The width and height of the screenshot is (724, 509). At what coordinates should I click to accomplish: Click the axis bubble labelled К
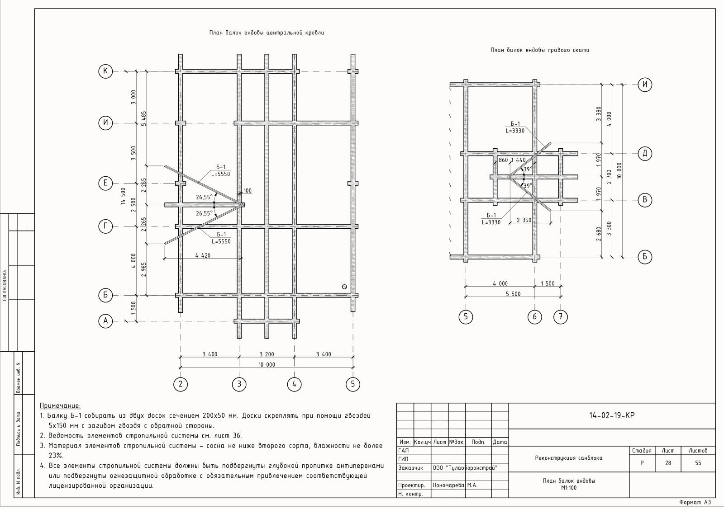point(105,71)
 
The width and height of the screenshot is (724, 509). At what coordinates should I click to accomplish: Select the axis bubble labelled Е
point(105,183)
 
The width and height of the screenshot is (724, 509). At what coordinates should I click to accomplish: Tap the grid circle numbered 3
point(239,384)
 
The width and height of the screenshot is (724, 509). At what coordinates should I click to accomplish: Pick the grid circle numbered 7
point(561,317)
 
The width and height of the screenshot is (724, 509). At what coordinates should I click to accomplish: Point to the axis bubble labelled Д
point(645,153)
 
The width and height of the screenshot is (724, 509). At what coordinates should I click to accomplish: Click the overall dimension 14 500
point(123,196)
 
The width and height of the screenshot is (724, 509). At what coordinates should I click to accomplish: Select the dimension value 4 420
point(203,255)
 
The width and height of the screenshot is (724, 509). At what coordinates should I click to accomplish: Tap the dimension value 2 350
point(524,220)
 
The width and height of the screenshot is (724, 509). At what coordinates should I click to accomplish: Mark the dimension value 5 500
point(513,294)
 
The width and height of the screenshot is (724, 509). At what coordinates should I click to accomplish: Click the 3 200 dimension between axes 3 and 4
point(267,354)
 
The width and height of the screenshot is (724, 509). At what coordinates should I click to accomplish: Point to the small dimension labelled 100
point(248,191)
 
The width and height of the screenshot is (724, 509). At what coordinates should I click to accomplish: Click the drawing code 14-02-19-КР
point(612,415)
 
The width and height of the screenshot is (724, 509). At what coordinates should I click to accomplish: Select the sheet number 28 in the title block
point(668,463)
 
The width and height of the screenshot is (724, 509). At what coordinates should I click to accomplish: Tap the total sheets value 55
point(698,463)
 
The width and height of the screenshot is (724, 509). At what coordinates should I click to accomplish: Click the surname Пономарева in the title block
point(448,485)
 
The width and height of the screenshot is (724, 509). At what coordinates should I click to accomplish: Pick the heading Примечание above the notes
point(60,405)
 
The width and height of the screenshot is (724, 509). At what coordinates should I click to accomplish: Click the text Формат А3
point(695,502)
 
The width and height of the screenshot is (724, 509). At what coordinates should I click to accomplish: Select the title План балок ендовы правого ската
point(540,50)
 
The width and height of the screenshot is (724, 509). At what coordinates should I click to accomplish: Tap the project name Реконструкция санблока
point(568,457)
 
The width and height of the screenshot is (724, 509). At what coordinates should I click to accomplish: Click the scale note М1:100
point(568,488)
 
